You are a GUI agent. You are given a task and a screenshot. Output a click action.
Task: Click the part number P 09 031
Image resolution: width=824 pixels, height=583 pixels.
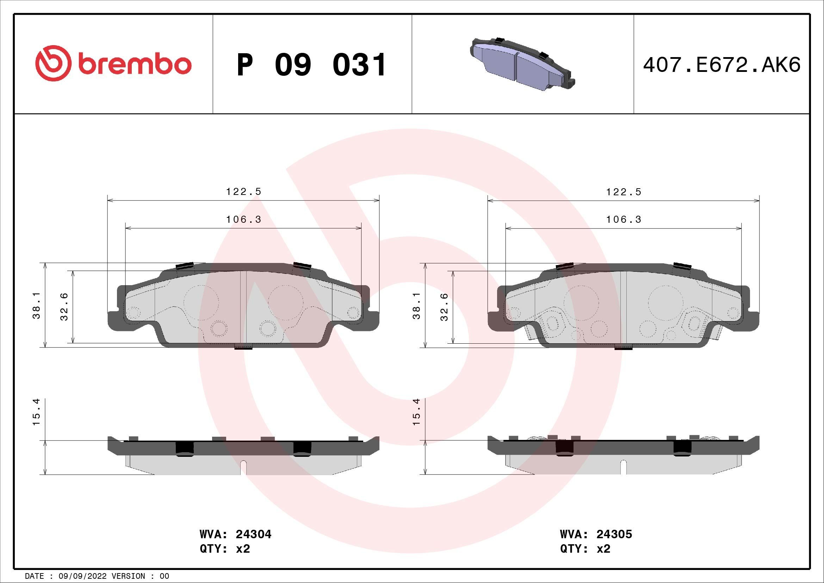311,65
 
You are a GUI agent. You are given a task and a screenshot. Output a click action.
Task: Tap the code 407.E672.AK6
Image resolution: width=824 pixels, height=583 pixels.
722,65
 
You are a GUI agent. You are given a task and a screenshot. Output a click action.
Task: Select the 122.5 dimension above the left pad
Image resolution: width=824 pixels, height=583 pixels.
244,192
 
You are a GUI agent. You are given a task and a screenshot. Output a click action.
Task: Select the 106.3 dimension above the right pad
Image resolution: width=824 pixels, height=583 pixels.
624,219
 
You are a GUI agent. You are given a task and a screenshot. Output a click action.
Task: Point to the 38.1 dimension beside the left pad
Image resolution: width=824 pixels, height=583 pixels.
36,305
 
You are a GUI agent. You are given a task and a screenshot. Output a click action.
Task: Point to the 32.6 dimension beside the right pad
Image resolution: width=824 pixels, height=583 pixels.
444,307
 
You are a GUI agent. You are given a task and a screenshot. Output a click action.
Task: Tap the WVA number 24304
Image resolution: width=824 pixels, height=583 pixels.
253,534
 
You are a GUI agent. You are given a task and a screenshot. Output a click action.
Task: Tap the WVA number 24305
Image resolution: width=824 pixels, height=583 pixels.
614,534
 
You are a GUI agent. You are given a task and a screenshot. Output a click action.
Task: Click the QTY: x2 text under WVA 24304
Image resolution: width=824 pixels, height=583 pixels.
225,549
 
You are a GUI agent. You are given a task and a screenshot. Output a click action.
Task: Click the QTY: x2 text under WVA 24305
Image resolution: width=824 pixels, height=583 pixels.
585,549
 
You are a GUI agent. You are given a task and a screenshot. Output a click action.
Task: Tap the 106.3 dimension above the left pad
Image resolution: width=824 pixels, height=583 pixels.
244,219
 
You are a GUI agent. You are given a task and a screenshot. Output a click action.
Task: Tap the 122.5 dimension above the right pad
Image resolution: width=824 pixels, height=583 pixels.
624,192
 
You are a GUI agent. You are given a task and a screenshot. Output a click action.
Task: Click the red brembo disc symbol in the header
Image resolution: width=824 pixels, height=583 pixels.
52,63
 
